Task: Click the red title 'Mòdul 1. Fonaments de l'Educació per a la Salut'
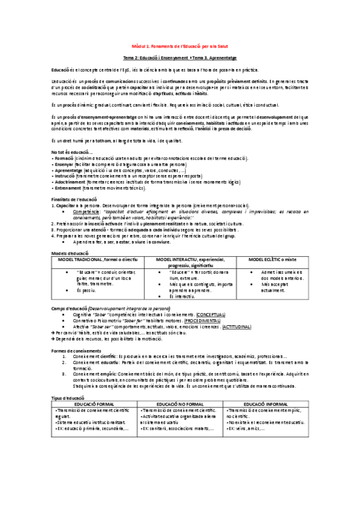(180, 45)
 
